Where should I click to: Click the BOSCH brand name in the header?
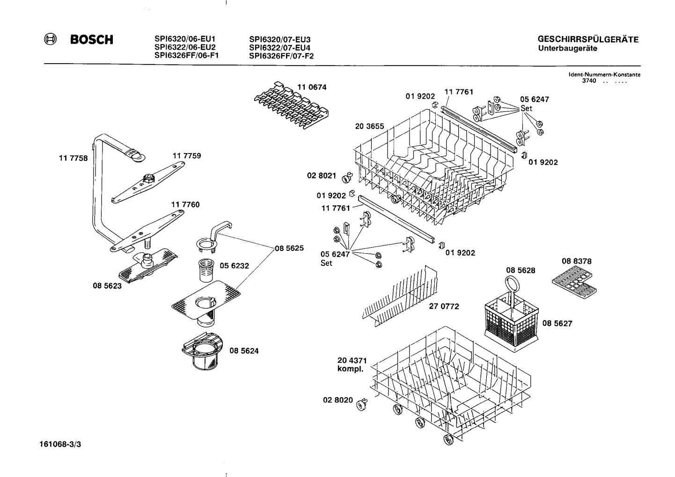click(91, 40)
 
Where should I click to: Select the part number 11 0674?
click(312, 87)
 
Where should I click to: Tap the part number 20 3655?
click(369, 126)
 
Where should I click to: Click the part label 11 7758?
click(73, 158)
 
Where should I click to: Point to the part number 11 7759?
click(187, 156)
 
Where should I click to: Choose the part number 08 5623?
click(107, 286)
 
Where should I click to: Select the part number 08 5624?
click(244, 351)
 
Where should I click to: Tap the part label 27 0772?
click(444, 307)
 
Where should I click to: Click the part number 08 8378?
click(577, 261)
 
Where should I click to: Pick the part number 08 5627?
click(557, 323)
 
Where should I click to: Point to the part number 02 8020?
click(337, 400)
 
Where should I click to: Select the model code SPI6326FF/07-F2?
click(281, 56)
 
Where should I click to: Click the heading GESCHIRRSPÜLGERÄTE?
click(588, 40)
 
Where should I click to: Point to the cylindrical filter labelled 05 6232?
click(206, 268)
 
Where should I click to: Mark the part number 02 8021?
click(321, 176)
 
